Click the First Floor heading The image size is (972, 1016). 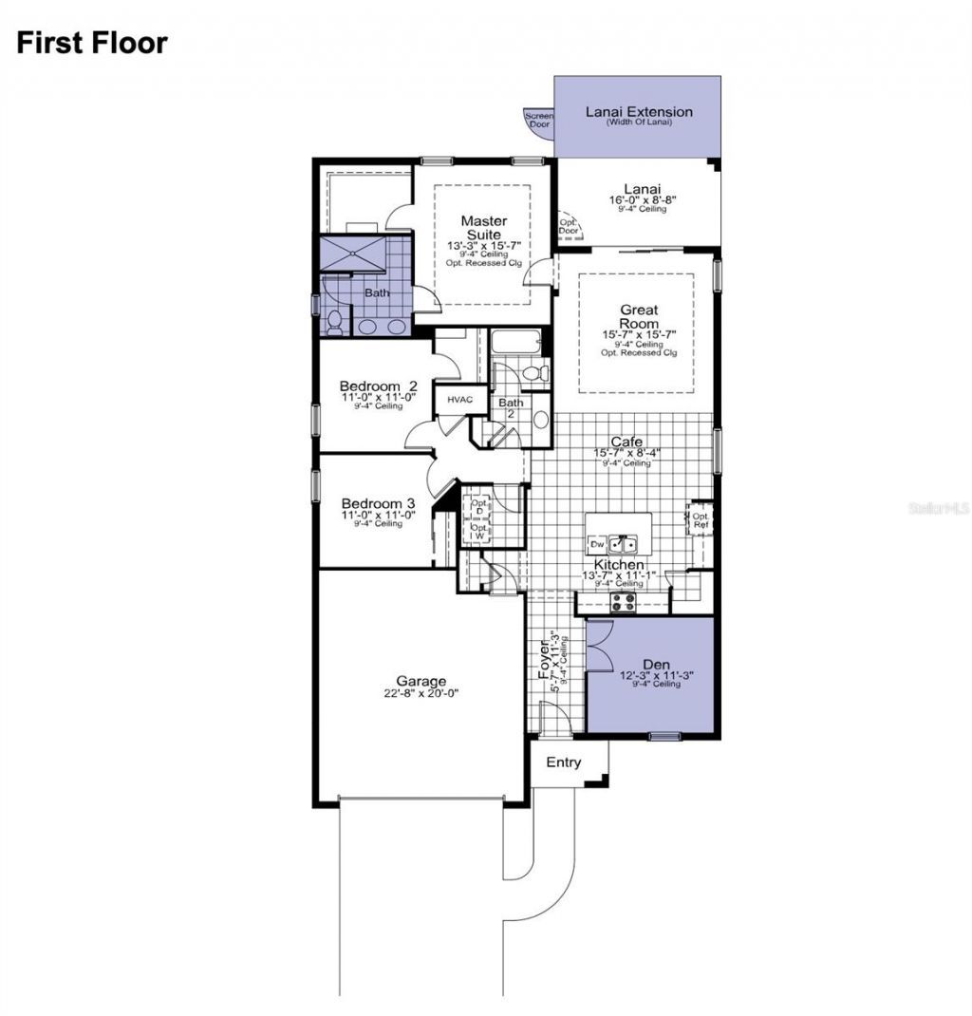[x=91, y=43]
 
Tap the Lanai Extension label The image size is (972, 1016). [x=638, y=112]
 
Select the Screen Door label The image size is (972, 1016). [x=538, y=121]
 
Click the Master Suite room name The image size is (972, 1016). [x=484, y=228]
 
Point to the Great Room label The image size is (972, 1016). [x=639, y=316]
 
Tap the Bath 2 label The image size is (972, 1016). [x=510, y=408]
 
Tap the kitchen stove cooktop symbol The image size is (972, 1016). [x=622, y=600]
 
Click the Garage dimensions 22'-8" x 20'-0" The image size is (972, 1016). [x=421, y=693]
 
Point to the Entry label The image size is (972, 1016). [x=564, y=762]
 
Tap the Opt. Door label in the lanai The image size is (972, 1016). [x=569, y=226]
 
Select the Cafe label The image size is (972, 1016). [x=626, y=442]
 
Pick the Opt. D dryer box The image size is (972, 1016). [x=478, y=506]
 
